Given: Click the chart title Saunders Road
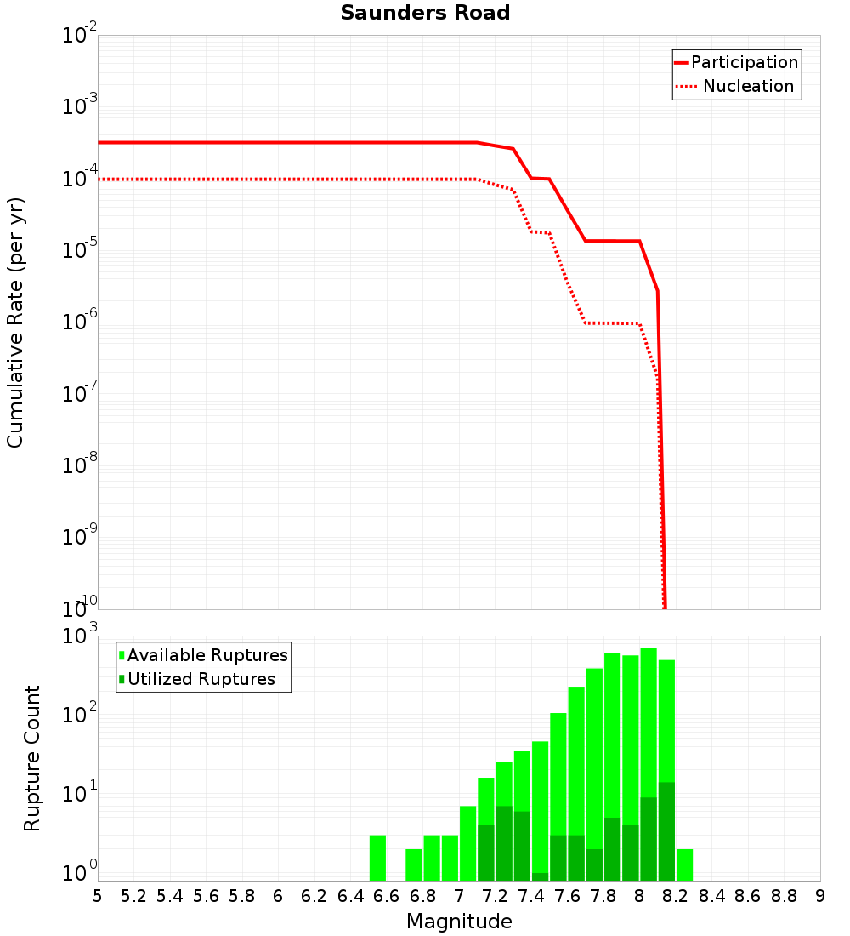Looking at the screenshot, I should (x=425, y=14).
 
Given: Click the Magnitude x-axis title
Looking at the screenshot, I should (x=459, y=922).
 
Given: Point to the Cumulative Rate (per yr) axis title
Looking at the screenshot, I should (x=15, y=322).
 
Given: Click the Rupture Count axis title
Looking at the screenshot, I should (x=32, y=757).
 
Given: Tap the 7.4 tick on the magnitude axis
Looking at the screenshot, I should (x=531, y=896).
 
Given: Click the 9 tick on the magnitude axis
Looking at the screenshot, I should (x=820, y=896).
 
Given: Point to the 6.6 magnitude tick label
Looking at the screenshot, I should (x=387, y=896).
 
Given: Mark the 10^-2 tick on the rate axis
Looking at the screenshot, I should (x=79, y=36).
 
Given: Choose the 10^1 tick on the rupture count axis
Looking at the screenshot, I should (x=82, y=793).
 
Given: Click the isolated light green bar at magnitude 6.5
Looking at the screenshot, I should (x=378, y=858).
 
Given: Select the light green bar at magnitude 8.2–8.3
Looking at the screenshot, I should (x=684, y=864).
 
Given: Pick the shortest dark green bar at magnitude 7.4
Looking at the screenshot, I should (x=540, y=876).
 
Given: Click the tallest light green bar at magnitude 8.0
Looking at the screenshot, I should (x=649, y=723).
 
